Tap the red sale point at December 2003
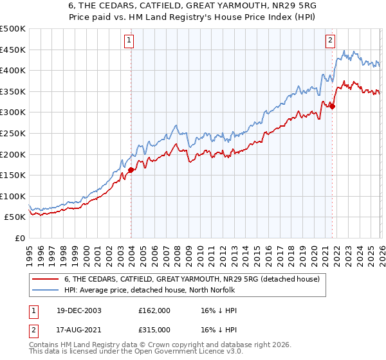(x=131, y=170)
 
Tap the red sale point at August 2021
(x=333, y=106)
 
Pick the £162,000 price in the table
(x=154, y=310)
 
